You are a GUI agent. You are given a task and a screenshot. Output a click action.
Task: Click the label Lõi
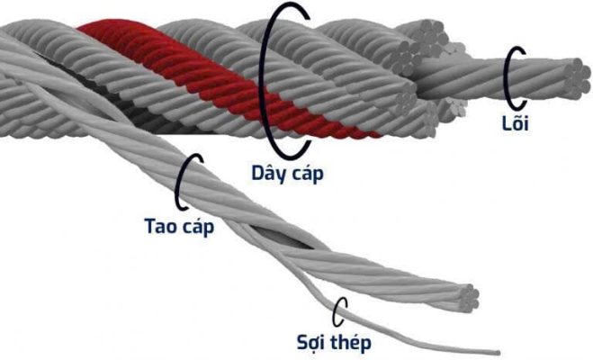pyautogui.click(x=515, y=122)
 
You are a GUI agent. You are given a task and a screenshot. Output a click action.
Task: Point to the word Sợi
pyautogui.click(x=311, y=343)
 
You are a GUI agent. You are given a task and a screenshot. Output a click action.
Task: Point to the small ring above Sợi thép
pyautogui.click(x=339, y=311)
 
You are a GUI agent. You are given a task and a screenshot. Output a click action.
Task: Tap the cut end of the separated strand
pyautogui.click(x=467, y=299)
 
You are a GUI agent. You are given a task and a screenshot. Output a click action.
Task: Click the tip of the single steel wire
pyautogui.click(x=499, y=353)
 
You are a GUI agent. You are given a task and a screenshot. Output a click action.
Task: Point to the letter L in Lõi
pyautogui.click(x=506, y=123)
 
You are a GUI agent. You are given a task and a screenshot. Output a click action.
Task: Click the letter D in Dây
pyautogui.click(x=258, y=173)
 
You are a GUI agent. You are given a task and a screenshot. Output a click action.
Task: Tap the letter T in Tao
pyautogui.click(x=150, y=226)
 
